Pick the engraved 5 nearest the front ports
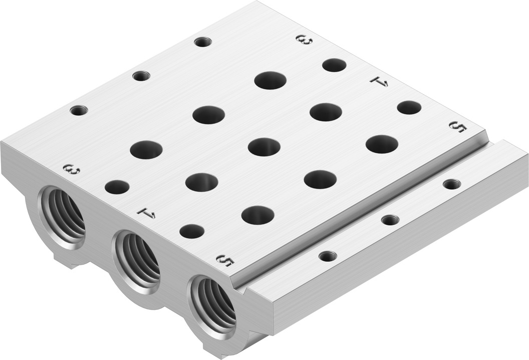click(x=225, y=260)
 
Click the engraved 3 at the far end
click(x=304, y=39)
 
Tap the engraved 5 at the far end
click(x=458, y=127)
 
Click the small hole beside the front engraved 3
click(x=117, y=187)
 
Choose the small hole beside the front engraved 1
click(x=192, y=231)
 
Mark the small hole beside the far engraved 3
click(x=334, y=65)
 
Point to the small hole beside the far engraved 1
click(x=409, y=107)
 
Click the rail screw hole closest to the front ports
click(x=328, y=256)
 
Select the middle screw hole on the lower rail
click(x=390, y=220)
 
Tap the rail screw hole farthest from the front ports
click(x=452, y=184)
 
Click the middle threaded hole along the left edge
click(x=141, y=76)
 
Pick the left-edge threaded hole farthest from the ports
click(x=202, y=42)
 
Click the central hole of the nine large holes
click(x=264, y=146)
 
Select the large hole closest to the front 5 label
click(x=257, y=215)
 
